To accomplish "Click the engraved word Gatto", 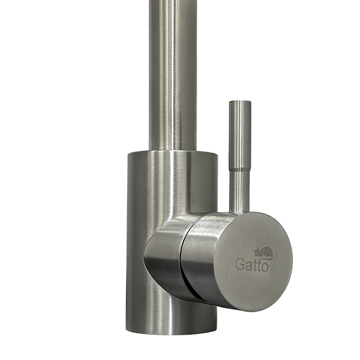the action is click(x=251, y=264).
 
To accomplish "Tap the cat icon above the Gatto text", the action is click(x=263, y=253).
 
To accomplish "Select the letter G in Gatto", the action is click(x=240, y=264).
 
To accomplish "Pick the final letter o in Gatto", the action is click(x=264, y=268).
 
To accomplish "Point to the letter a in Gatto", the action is click(x=248, y=266).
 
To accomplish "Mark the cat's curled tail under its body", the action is click(x=266, y=258).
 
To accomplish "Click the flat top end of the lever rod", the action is click(x=240, y=101).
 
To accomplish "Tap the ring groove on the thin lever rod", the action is click(x=240, y=170).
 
